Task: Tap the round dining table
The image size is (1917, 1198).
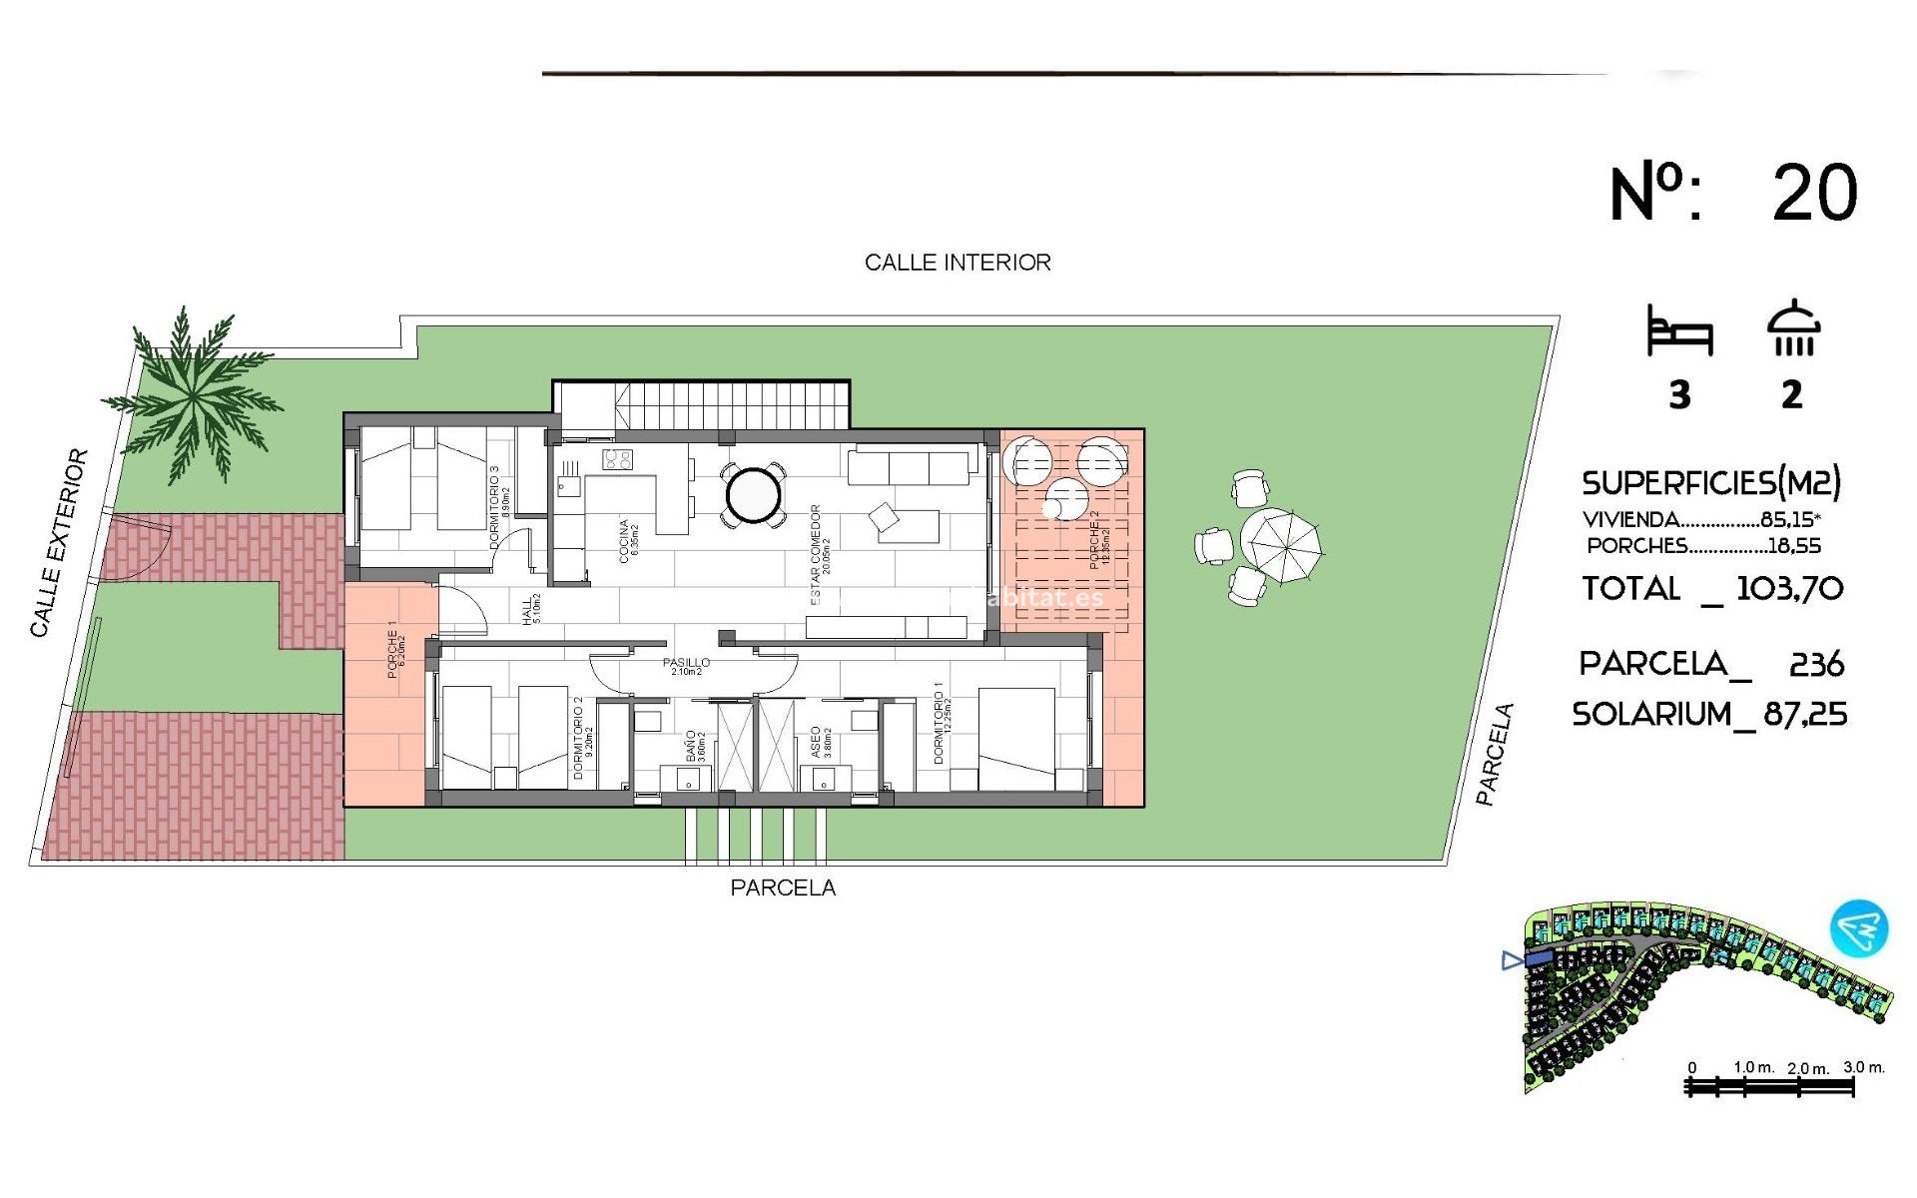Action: [x=753, y=494]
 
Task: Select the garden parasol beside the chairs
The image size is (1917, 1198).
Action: [x=1281, y=545]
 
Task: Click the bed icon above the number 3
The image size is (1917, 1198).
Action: [x=1679, y=332]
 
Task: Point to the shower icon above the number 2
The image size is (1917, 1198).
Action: [x=1793, y=328]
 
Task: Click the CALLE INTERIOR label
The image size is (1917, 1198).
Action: [x=958, y=263]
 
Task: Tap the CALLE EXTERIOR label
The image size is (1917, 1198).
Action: [x=58, y=543]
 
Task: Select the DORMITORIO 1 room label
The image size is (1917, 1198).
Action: [x=939, y=723]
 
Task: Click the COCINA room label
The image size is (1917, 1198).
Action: [x=626, y=540]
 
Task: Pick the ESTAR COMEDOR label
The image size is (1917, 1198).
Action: [x=817, y=554]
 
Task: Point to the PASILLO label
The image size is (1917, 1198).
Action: [x=686, y=662]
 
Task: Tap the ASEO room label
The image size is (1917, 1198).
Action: [x=816, y=742]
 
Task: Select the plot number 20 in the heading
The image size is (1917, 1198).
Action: [x=1814, y=194]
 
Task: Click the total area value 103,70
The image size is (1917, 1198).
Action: [x=1789, y=589]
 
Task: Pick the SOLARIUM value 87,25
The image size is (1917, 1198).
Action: [x=1805, y=715]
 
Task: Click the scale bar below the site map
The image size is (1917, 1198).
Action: [x=1768, y=1087]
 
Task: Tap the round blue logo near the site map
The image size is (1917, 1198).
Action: [x=1859, y=928]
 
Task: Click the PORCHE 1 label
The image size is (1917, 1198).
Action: [x=393, y=650]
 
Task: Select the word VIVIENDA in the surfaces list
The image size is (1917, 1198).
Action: [x=1630, y=520]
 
